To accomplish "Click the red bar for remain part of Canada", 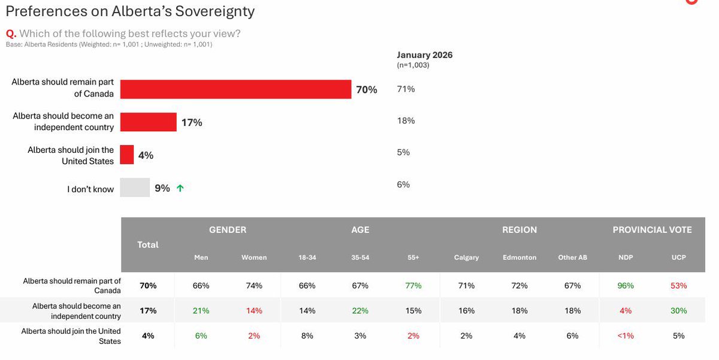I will point(235,89).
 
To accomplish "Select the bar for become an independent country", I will point(148,122).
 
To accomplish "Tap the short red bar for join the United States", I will point(127,155).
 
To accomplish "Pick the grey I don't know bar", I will point(135,187).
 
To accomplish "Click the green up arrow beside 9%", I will point(180,188).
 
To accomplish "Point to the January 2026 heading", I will point(424,55).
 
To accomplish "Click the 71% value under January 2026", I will point(406,89).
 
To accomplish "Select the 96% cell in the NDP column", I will point(626,286).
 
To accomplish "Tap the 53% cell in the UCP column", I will point(678,286).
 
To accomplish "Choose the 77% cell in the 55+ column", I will point(413,286).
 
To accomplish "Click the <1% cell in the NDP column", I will point(626,336).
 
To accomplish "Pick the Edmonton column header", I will point(519,258).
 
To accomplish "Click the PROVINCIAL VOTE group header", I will point(652,230).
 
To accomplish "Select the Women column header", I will point(254,258).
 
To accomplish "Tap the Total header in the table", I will point(148,244).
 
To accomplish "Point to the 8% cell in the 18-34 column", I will point(307,336).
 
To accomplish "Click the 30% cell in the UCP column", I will point(678,311).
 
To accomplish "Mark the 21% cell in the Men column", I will point(201,311).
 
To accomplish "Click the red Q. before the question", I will point(10,34).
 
